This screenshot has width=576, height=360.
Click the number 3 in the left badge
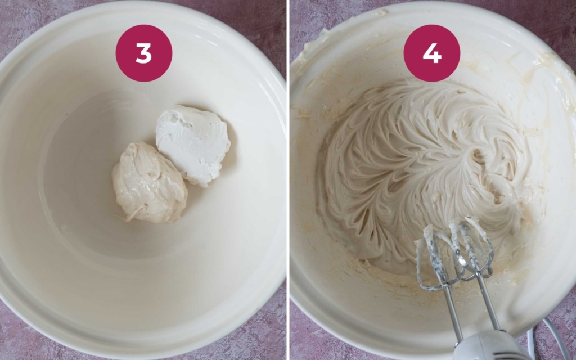click(x=143, y=53)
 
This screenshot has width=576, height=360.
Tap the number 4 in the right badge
click(x=431, y=53)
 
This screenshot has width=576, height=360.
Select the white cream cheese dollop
click(x=193, y=143)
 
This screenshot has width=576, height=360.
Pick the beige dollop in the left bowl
click(x=148, y=183)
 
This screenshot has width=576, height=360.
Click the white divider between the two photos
click(x=287, y=180)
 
